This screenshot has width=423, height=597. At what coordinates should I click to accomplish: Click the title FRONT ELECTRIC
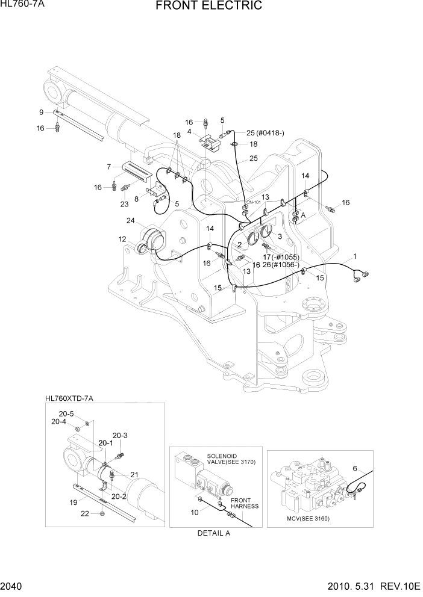pos(208,7)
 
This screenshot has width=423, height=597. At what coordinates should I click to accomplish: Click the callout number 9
pos(41,113)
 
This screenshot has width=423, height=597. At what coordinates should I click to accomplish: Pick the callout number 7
pos(108,167)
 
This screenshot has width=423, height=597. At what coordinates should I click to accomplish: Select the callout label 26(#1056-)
pos(281,265)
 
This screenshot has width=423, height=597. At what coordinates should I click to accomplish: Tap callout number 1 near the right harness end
pos(355,256)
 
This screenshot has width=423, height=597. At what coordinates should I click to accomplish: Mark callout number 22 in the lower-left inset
pos(85,513)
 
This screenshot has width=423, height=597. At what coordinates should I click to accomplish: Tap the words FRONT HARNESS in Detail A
pos(245,503)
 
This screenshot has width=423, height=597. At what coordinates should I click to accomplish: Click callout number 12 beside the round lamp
pos(122,240)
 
